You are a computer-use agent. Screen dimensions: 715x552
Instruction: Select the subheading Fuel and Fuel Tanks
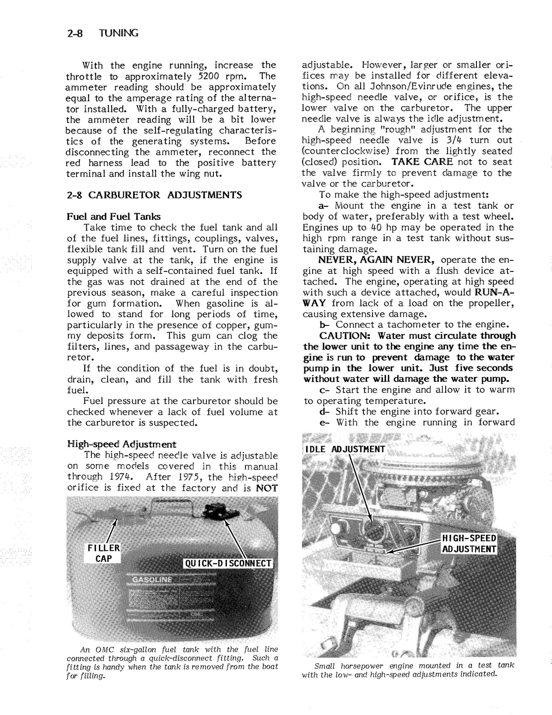pyautogui.click(x=113, y=217)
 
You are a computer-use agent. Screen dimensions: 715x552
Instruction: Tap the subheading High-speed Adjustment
pyautogui.click(x=121, y=444)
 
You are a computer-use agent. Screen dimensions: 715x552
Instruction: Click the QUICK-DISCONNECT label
pyautogui.click(x=228, y=563)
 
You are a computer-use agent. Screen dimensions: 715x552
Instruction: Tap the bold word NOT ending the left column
pyautogui.click(x=267, y=488)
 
